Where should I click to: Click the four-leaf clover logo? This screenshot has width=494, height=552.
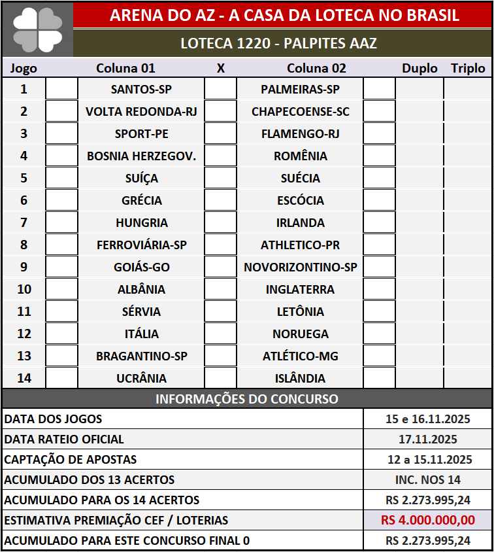coord(37,29)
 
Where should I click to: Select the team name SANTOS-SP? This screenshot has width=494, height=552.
coord(141,89)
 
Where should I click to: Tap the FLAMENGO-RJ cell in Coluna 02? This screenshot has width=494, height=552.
coord(300,133)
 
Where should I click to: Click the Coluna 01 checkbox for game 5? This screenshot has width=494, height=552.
coord(61,178)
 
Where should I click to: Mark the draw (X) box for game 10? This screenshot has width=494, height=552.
coord(220,289)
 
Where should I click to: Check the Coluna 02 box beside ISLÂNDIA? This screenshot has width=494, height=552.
coord(379,378)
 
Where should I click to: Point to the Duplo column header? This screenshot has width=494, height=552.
coord(420,68)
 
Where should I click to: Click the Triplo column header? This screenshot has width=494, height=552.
coord(468,68)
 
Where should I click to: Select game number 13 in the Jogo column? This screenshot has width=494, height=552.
coord(24,356)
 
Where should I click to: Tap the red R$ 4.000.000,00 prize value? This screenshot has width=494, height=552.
coord(428,521)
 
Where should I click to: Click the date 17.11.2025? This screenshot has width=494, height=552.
coord(428,440)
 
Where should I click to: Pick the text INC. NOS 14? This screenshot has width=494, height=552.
coord(428,480)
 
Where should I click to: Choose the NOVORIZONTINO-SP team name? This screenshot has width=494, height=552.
coord(300,267)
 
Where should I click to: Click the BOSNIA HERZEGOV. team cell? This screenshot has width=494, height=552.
coord(141,156)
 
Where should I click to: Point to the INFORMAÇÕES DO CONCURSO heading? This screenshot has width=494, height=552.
coord(247,399)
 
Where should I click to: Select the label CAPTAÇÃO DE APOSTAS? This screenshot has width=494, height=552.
coord(71,460)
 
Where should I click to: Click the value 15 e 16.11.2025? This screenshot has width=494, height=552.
coord(428,419)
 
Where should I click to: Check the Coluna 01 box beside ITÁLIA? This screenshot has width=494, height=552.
coord(61,334)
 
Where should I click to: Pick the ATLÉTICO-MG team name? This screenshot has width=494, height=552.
coord(300,356)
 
